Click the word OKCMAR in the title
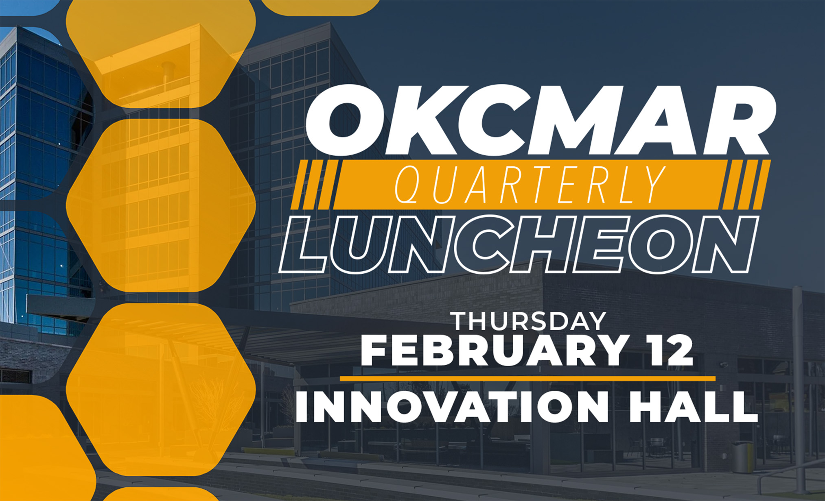coord(541,120)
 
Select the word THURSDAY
coord(530,321)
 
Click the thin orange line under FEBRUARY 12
coord(527,379)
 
